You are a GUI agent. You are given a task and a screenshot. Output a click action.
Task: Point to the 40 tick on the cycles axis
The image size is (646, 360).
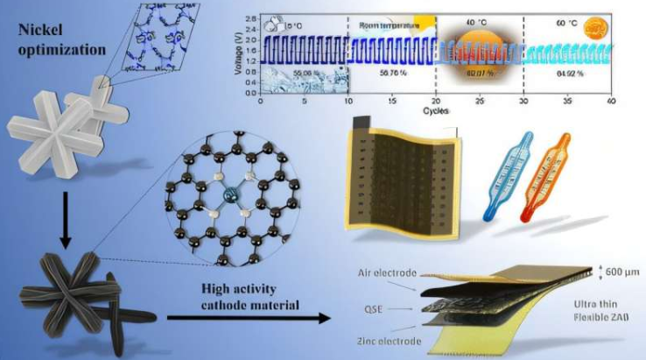pyautogui.click(x=614, y=100)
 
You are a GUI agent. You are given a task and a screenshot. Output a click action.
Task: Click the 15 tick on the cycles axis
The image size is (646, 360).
pyautogui.click(x=393, y=100)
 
